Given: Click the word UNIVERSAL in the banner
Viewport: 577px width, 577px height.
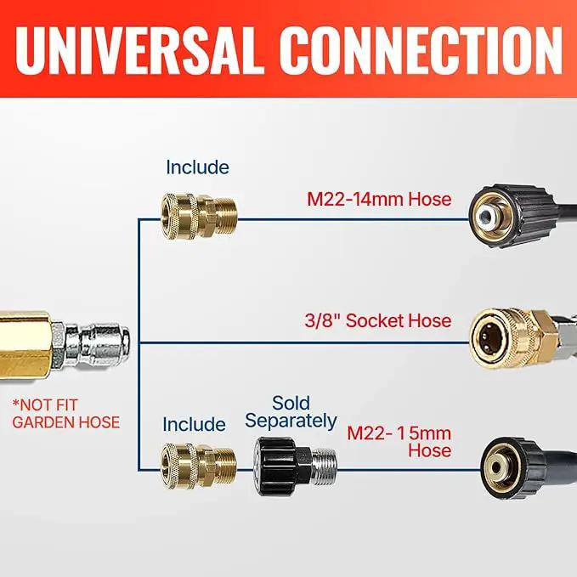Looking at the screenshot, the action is (x=140, y=51).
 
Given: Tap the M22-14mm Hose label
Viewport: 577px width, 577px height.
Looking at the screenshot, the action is (x=379, y=199).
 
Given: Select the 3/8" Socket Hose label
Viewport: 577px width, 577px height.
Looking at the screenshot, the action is (x=378, y=320).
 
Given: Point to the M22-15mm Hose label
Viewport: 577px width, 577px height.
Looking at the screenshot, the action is (x=399, y=442).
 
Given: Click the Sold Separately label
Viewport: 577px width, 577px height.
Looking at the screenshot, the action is (x=291, y=412).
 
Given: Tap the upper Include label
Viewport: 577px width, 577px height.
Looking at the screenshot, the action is (x=198, y=167).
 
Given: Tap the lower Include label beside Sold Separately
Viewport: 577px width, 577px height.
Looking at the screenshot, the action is (x=195, y=424).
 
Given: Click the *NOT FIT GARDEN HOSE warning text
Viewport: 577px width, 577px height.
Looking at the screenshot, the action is (x=66, y=414).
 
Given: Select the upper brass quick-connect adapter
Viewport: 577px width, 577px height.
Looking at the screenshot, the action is (x=198, y=217).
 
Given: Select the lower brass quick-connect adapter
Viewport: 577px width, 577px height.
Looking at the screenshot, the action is (x=198, y=466).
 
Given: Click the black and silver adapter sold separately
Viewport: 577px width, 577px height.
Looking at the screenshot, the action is (x=295, y=466).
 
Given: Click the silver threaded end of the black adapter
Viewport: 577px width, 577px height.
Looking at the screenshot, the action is (x=324, y=466).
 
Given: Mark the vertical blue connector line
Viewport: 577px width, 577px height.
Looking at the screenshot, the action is (x=139, y=345).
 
